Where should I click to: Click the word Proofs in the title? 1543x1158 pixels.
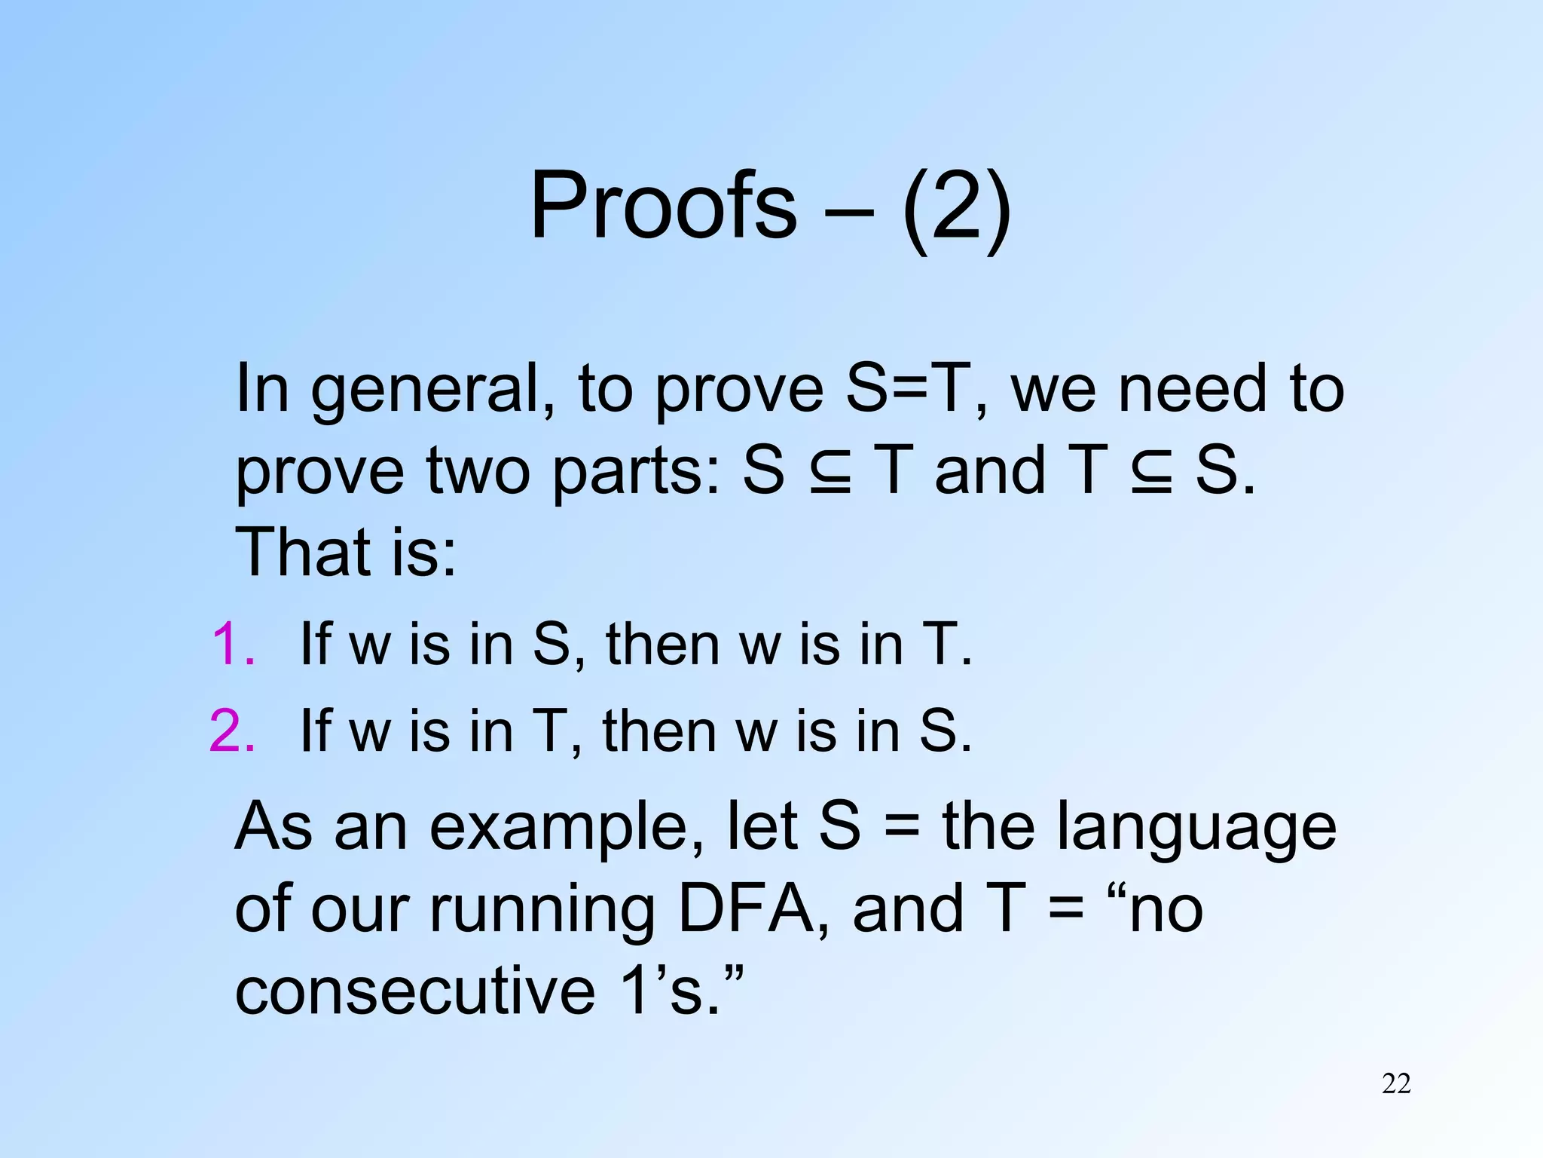663,205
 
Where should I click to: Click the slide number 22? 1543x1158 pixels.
1396,1083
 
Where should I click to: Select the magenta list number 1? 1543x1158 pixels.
232,645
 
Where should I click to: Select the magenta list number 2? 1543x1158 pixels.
232,731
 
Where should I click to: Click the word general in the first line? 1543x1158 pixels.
433,390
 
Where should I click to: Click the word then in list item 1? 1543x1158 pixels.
663,645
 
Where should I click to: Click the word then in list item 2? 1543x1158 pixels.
660,731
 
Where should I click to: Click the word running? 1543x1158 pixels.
542,911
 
